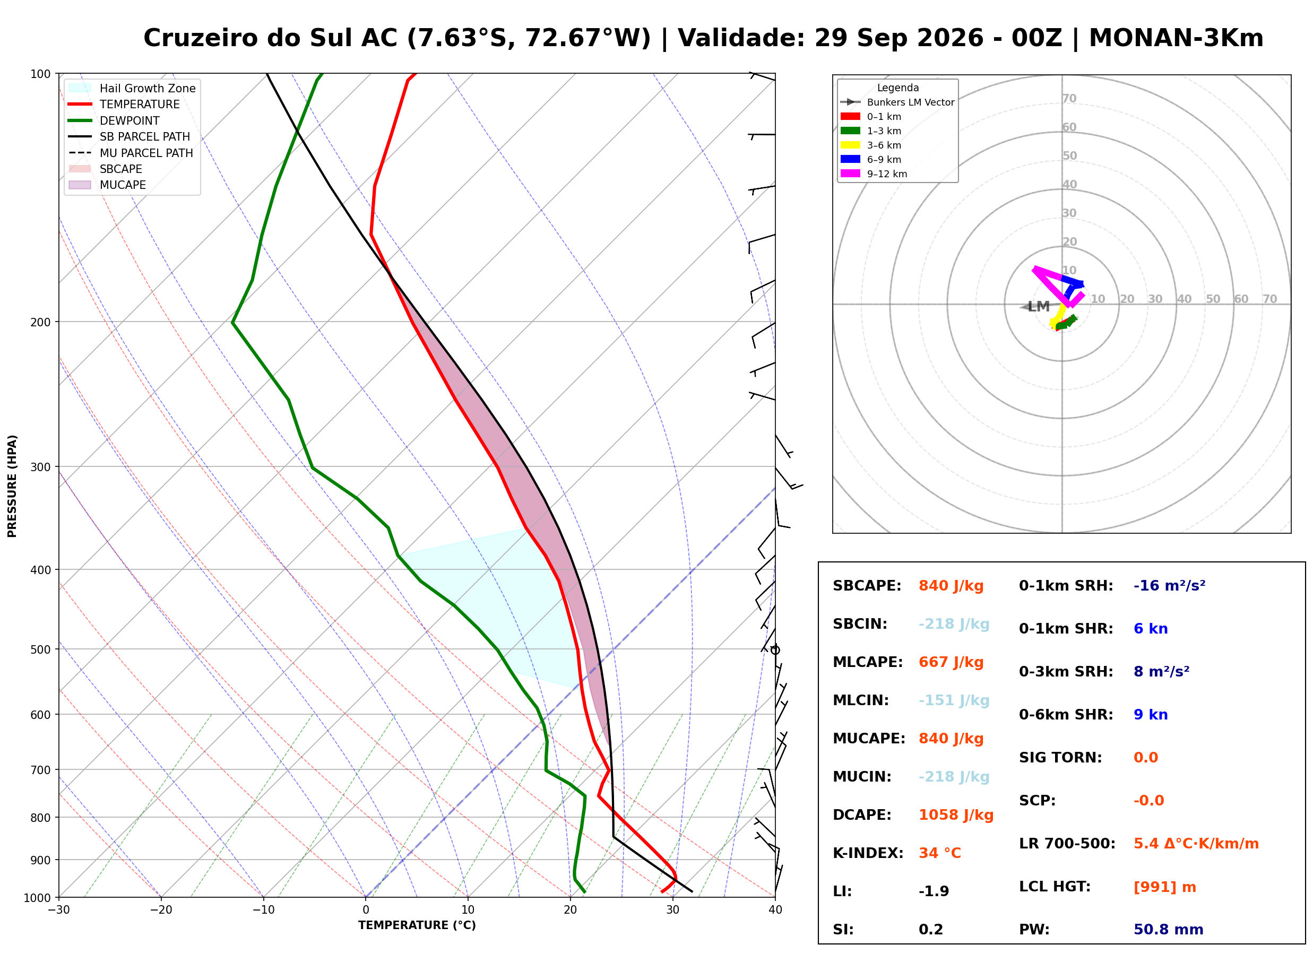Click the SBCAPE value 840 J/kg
coord(951,586)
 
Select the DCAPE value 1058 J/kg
coord(956,815)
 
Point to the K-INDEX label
coord(868,853)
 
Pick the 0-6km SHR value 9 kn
coord(1150,715)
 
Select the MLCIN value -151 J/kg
coord(954,700)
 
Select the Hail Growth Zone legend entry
coord(132,89)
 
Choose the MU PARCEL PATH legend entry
coord(131,153)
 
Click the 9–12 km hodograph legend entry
coord(874,174)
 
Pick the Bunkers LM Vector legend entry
coord(897,102)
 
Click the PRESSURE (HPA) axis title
coord(12,486)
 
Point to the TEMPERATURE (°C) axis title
coord(417,926)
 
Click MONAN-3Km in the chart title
coord(1176,38)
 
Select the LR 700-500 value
coord(1196,844)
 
